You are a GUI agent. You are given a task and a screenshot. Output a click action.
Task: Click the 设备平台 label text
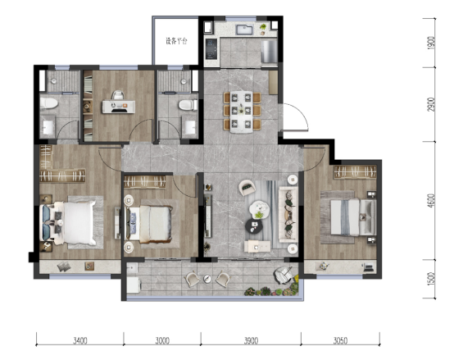[x=176, y=41]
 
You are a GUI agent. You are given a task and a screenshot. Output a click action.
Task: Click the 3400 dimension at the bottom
[x=80, y=340]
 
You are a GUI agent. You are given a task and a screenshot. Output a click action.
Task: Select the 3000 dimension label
[x=162, y=340]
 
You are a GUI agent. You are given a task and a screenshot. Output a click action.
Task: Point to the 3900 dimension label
[x=251, y=340]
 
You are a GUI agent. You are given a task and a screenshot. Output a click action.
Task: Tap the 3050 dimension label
[x=340, y=340]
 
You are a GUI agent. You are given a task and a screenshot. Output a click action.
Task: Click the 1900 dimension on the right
[x=431, y=43]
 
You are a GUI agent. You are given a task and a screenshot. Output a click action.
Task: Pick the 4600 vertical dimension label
[x=431, y=200]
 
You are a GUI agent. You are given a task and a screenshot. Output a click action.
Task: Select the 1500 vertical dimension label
[x=431, y=279]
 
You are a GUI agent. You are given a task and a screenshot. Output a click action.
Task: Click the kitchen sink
[x=244, y=30]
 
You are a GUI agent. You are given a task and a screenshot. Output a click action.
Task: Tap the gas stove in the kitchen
[x=211, y=48]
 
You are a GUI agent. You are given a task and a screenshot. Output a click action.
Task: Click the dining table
[x=242, y=112]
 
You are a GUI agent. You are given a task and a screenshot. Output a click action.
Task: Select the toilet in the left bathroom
[x=48, y=103]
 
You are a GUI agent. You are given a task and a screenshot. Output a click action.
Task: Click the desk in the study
[x=119, y=107]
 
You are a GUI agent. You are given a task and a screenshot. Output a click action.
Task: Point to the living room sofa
[x=288, y=215]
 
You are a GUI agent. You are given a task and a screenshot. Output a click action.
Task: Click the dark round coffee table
[x=254, y=226]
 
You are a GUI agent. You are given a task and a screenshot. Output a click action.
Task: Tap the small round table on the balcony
[x=207, y=279]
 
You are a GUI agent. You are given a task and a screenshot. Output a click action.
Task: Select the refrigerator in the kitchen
[x=270, y=52]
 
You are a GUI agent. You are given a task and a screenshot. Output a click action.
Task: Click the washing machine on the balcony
[x=134, y=285]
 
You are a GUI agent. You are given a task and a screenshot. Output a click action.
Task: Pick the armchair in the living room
[x=247, y=188]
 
